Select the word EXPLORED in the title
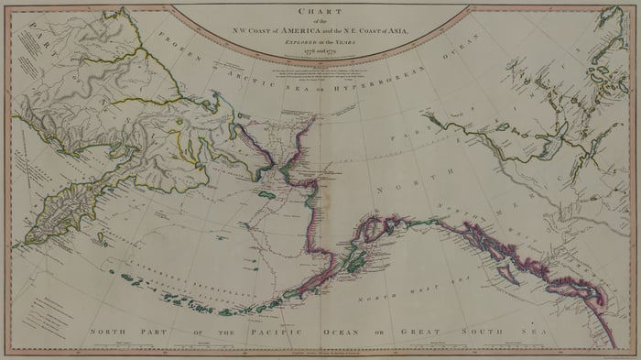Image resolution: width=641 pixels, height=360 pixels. click(292, 41)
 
